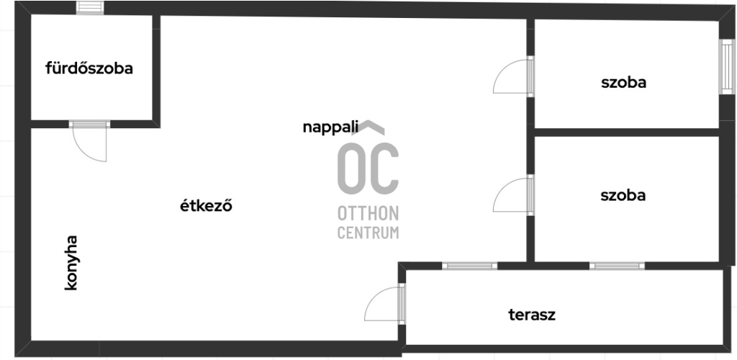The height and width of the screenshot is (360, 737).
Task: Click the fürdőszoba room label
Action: pyautogui.click(x=89, y=69)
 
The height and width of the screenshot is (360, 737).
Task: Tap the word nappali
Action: pyautogui.click(x=330, y=127)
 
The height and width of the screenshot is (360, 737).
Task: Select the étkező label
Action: pyautogui.click(x=206, y=206)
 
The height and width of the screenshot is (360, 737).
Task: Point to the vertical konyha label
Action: pyautogui.click(x=71, y=263)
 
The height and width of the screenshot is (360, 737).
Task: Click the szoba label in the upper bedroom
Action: pyautogui.click(x=623, y=83)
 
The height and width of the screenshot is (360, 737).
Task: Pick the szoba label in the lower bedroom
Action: pyautogui.click(x=623, y=195)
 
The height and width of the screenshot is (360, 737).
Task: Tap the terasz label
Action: pyautogui.click(x=532, y=315)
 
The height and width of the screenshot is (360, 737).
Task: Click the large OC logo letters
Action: pyautogui.click(x=368, y=169)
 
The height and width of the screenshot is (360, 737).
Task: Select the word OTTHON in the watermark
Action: pyautogui.click(x=368, y=215)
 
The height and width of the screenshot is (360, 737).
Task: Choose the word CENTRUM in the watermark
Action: pyautogui.click(x=368, y=233)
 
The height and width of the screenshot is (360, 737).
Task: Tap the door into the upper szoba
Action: pyautogui.click(x=512, y=76)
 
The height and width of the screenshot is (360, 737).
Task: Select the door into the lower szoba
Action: pyautogui.click(x=512, y=195)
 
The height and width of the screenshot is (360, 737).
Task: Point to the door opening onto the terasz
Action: pyautogui.click(x=384, y=303)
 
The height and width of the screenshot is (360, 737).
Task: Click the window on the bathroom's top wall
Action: pyautogui.click(x=90, y=9)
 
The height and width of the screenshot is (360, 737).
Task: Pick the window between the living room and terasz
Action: pyautogui.click(x=469, y=266)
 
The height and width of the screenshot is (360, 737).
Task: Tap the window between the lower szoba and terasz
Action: pyautogui.click(x=617, y=266)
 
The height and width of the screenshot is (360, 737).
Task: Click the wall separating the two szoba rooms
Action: pyautogui.click(x=626, y=132)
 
